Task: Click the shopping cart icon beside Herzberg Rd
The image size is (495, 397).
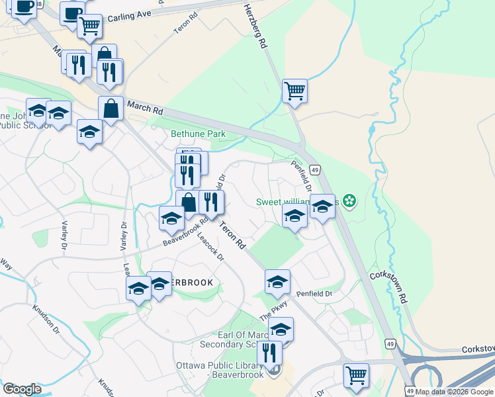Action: pyautogui.click(x=294, y=90)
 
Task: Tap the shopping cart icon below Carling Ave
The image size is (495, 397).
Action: pyautogui.click(x=89, y=26)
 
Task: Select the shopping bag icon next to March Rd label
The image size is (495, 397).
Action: pyautogui.click(x=111, y=109)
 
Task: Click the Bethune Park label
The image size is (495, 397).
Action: pyautogui.click(x=198, y=134)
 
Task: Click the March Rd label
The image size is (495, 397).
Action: pyautogui.click(x=144, y=107)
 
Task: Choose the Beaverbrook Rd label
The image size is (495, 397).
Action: pyautogui.click(x=187, y=235)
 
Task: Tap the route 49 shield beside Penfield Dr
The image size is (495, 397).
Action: pyautogui.click(x=316, y=170)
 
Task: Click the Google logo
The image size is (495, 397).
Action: pyautogui.click(x=22, y=389)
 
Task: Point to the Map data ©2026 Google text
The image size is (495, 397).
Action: pyautogui.click(x=455, y=392)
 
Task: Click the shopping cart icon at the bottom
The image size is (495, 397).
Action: pyautogui.click(x=356, y=375)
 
